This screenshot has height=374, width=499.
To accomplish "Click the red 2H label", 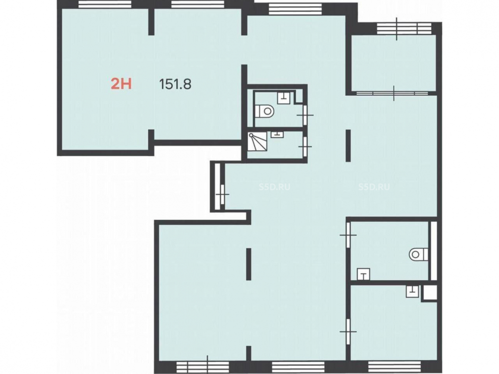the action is [121, 84].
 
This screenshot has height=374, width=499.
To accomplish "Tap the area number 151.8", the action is [175, 84].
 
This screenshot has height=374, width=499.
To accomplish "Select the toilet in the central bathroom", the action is [264, 111].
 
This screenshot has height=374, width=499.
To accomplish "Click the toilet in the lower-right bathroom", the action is [419, 254].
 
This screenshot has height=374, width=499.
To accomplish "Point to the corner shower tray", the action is [258, 142].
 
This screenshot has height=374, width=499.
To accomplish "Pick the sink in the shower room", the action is [277, 134].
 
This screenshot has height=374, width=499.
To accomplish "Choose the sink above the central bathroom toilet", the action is [283, 98].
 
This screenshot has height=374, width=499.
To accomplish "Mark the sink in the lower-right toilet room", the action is [363, 274].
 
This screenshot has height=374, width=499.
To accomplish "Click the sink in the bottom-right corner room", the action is [412, 291].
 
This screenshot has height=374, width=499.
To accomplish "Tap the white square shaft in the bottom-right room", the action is [429, 293].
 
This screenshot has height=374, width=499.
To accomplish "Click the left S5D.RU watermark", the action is [274, 187].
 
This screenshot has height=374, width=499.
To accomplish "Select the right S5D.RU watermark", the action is [374, 187].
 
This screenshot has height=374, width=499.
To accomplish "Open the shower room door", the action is [305, 146].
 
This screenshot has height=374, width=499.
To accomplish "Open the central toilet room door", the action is [305, 115].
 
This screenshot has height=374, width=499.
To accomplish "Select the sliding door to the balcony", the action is [393, 93].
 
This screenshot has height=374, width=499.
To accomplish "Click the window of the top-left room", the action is [105, 4].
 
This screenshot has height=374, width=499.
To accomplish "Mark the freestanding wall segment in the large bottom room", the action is [249, 264].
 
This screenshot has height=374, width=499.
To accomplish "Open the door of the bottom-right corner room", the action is [348, 332].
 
